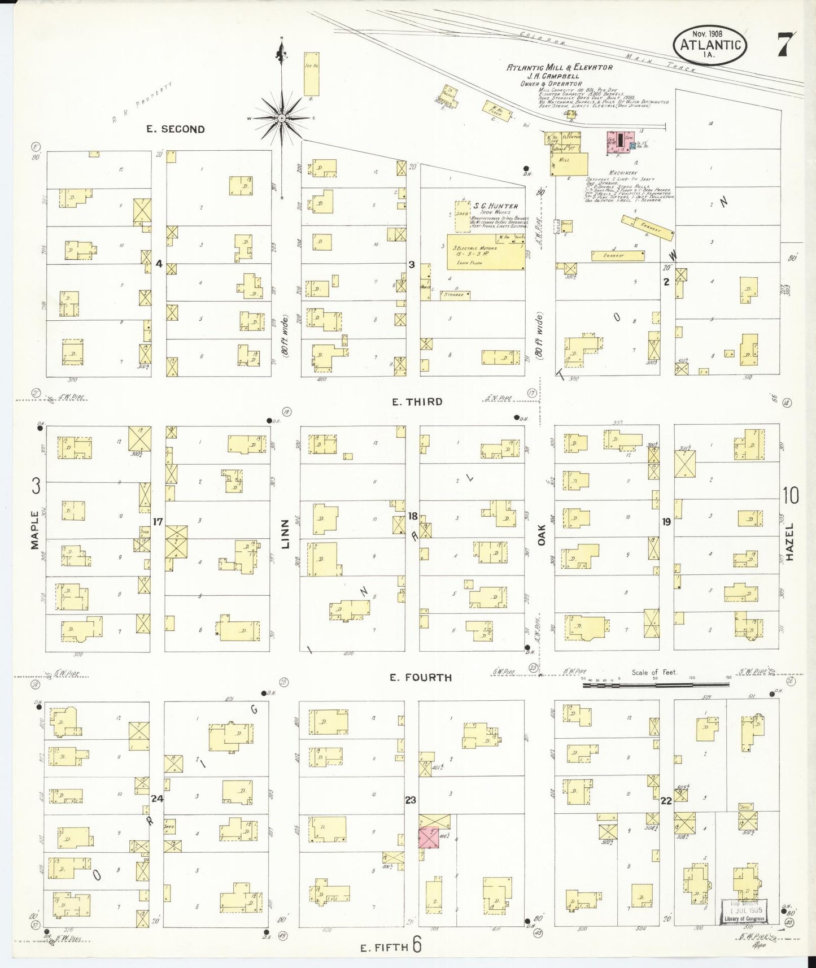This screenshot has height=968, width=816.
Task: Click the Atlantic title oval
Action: click(710, 45)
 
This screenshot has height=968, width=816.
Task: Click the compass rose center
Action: click(281, 118)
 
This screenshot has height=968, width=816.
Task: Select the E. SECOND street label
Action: click(175, 129)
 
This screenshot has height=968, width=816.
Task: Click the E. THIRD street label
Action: click(417, 402)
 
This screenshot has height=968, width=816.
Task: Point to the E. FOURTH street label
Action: click(421, 677)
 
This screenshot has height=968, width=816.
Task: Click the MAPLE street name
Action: click(35, 529)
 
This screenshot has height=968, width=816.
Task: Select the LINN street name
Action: click(285, 534)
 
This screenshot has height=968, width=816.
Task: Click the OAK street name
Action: click(542, 535)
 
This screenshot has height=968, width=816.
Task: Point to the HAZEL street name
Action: click(789, 542)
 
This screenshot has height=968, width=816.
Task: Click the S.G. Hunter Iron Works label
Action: click(495, 207)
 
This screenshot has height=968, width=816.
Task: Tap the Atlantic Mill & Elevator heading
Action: click(559, 67)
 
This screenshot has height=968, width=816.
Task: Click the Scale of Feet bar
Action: click(655, 685)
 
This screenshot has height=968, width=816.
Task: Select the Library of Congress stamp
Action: click(744, 911)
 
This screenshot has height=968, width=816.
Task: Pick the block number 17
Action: click(158, 521)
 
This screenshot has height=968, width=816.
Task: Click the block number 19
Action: click(666, 522)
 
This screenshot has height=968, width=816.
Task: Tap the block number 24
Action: click(158, 798)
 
